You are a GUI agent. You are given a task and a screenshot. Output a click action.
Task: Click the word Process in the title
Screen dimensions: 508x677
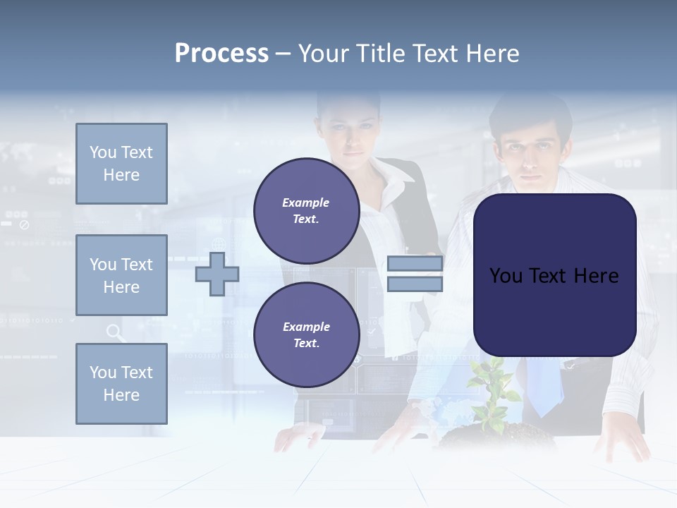point(221,54)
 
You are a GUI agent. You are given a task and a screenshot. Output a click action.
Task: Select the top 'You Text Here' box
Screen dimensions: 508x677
point(121,164)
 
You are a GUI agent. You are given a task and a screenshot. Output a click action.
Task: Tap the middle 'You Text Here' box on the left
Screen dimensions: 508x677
point(121,275)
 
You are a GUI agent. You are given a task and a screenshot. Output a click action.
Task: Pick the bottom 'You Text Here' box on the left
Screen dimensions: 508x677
point(121,384)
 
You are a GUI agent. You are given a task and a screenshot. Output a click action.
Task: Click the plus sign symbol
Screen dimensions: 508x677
point(216,274)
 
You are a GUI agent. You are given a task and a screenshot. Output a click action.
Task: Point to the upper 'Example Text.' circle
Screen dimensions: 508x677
point(306,211)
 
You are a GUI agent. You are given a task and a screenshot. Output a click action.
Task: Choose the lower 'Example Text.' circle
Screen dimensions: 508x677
point(306,334)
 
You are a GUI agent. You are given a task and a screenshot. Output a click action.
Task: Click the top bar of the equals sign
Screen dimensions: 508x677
point(415,264)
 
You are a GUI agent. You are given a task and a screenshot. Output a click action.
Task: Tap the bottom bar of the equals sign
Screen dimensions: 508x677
point(415,284)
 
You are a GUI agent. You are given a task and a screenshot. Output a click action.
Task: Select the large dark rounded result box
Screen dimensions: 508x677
point(554,275)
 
